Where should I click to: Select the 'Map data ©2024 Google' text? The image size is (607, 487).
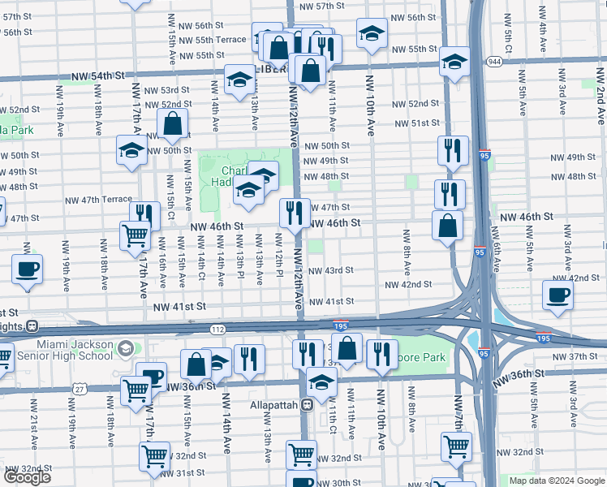pos(556,481)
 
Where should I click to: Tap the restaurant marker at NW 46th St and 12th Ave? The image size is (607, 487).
pos(293,213)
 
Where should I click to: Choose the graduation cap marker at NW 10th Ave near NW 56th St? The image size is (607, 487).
pos(372,36)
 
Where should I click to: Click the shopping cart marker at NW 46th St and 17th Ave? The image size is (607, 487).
pos(135,236)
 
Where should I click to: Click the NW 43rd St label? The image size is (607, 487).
pos(330,270)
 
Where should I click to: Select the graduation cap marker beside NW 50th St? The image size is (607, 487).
pos(131,150)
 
